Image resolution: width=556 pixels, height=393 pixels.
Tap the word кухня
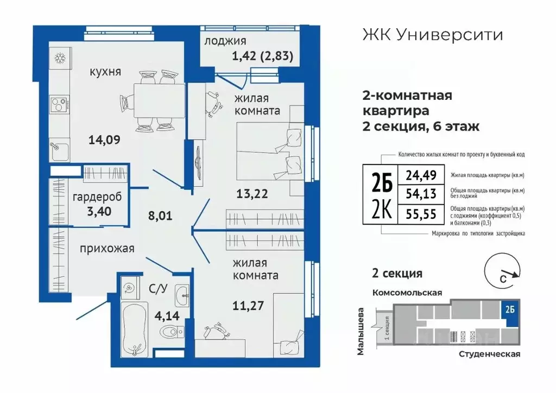[105, 72]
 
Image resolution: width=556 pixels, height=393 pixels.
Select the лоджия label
[225, 41]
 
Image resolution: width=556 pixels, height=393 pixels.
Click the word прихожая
[106, 249]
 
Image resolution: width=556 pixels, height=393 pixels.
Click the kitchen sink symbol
[57, 150]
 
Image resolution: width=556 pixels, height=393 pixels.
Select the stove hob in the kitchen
[57, 103]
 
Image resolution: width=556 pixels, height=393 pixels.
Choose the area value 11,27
[248, 305]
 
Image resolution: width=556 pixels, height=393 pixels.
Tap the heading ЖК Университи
[432, 35]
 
